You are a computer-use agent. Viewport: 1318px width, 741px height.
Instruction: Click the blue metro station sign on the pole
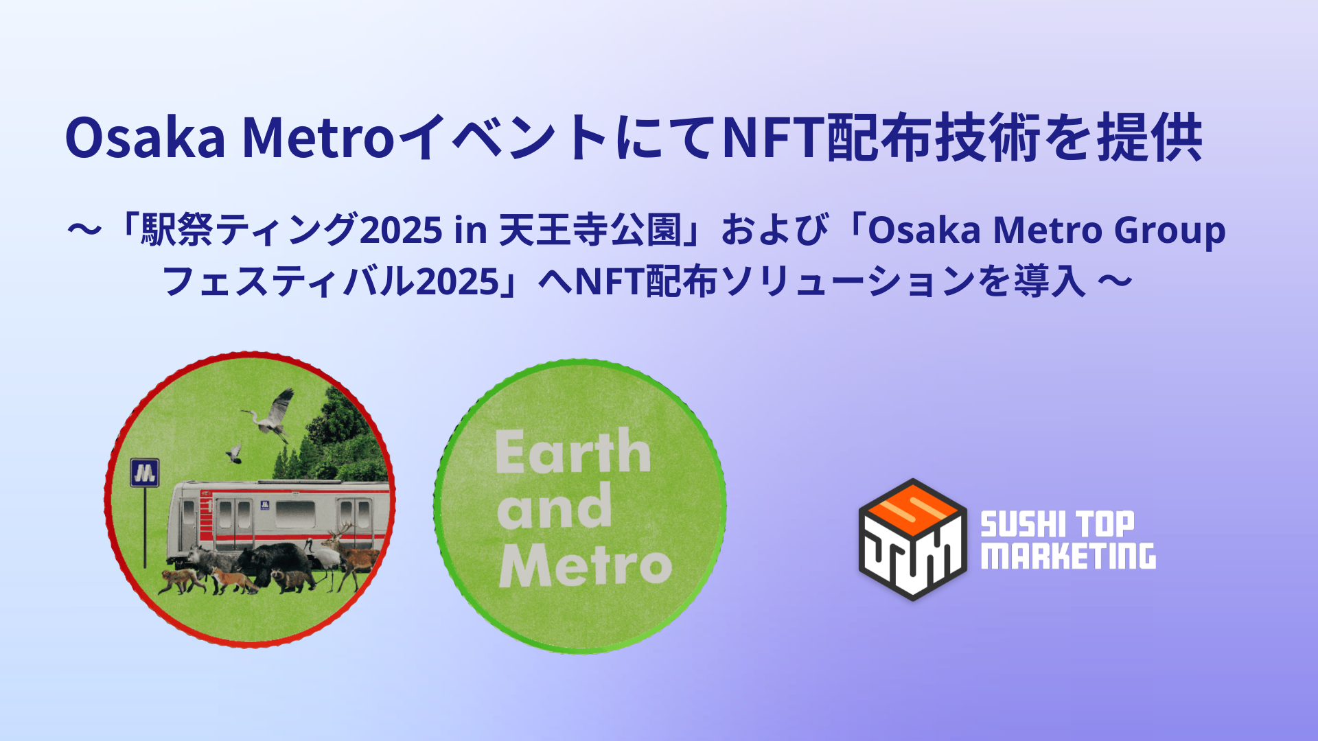tap(145, 473)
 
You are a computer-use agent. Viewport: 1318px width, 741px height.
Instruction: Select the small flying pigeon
tap(234, 453)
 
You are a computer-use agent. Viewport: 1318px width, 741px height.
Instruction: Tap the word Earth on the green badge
tap(573, 452)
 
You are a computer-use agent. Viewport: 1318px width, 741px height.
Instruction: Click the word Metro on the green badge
tap(585, 565)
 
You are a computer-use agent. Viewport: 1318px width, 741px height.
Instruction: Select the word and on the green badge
tap(554, 508)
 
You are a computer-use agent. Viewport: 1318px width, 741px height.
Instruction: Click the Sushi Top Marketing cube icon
tap(912, 539)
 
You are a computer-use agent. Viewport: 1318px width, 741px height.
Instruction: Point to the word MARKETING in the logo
tap(1068, 556)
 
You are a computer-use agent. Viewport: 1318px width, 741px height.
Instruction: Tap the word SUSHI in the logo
tap(1019, 525)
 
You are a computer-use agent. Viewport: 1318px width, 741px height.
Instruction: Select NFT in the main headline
tap(773, 138)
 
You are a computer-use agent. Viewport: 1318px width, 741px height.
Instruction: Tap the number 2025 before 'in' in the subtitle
tap(401, 231)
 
